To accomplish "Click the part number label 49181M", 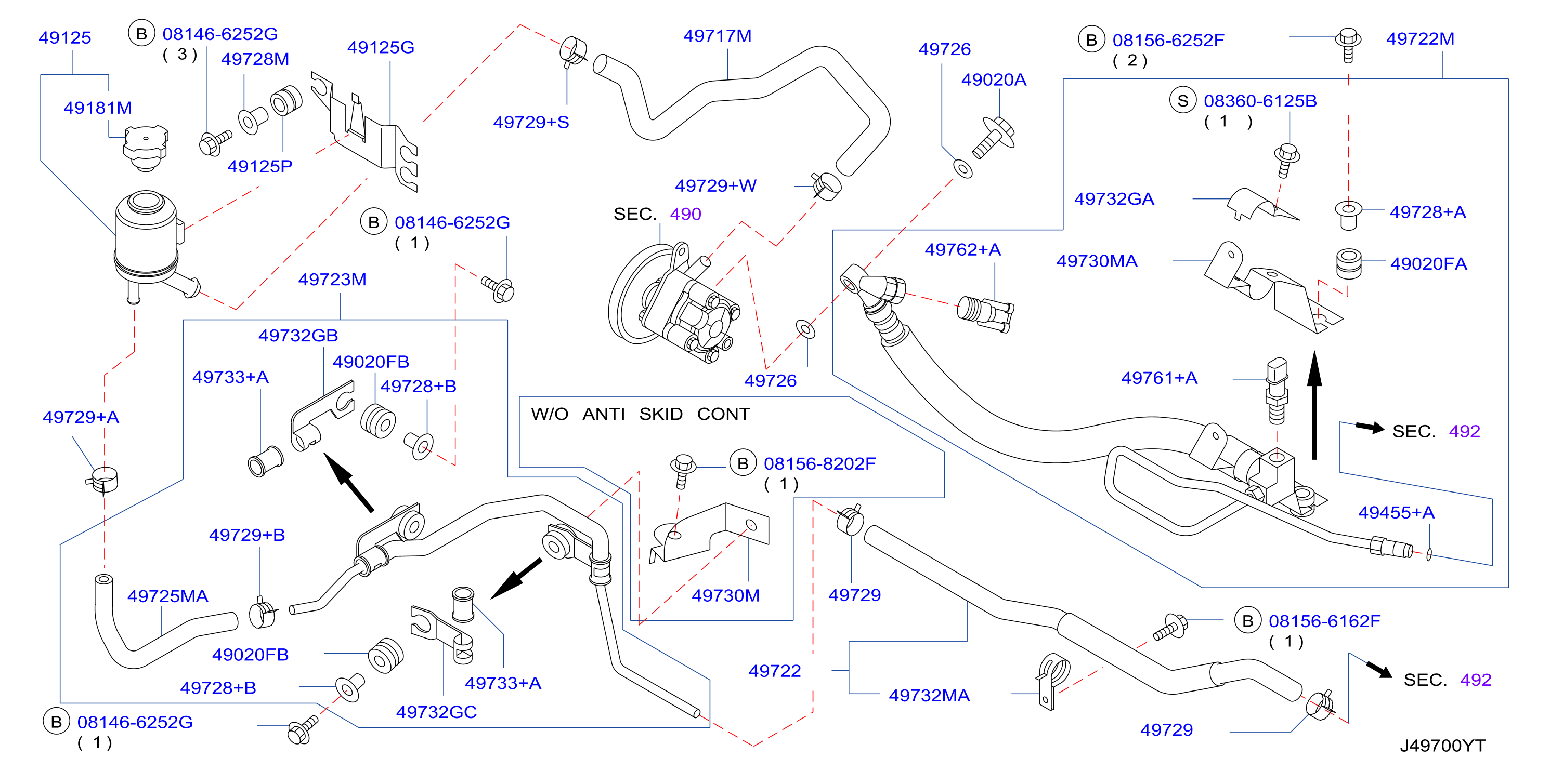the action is click(97, 108).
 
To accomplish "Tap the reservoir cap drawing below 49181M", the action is click(146, 148).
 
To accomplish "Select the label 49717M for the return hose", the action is click(717, 36).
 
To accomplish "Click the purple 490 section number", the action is click(685, 214).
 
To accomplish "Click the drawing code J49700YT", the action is click(1442, 746).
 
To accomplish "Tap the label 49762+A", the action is click(963, 249).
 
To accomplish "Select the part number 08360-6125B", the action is click(1260, 101).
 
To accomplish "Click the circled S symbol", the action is click(1183, 100).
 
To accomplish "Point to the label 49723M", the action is click(332, 280).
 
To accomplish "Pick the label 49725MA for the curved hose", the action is click(167, 596).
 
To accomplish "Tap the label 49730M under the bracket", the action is click(726, 595).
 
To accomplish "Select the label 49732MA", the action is click(929, 696).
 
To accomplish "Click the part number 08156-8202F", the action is click(819, 463).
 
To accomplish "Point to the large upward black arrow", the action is click(1315, 406).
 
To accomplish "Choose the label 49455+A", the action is click(1396, 512).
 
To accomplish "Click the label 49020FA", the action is click(1428, 263).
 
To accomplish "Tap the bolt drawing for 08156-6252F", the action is click(1348, 45).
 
